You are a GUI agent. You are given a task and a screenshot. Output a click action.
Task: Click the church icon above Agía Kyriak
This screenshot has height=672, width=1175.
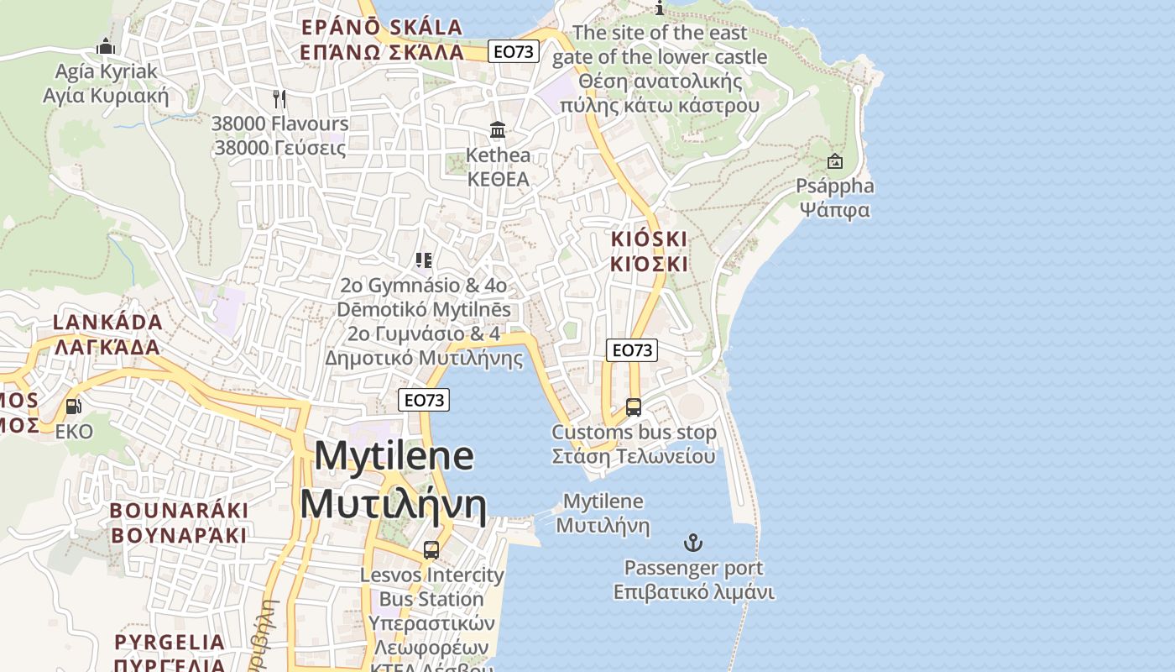(x=106, y=45)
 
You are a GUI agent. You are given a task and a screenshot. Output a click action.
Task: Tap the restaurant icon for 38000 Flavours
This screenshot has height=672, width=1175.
(x=279, y=98)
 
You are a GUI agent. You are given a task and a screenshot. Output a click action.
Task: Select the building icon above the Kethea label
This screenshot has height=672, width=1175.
(x=498, y=130)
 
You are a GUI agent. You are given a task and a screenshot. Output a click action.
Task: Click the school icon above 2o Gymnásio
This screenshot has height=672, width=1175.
(x=424, y=260)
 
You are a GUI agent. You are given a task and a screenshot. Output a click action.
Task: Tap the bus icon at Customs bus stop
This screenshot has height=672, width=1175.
(x=634, y=407)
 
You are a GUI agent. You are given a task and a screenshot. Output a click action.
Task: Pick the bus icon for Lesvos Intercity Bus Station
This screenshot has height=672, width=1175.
(x=431, y=550)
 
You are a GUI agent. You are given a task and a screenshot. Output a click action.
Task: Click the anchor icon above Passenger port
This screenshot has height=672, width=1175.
(x=693, y=543)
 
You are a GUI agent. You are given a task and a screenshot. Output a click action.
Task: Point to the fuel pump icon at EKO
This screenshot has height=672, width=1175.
(x=74, y=407)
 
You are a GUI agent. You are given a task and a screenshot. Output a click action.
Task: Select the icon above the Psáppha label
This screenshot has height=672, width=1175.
(x=835, y=161)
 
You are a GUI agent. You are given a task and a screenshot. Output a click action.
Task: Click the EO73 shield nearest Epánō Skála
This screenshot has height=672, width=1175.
(x=513, y=51)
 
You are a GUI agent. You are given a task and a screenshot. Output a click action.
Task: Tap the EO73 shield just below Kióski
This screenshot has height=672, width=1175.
(x=631, y=350)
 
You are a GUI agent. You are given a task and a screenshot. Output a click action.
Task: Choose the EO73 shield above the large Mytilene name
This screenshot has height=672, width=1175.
(x=424, y=400)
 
